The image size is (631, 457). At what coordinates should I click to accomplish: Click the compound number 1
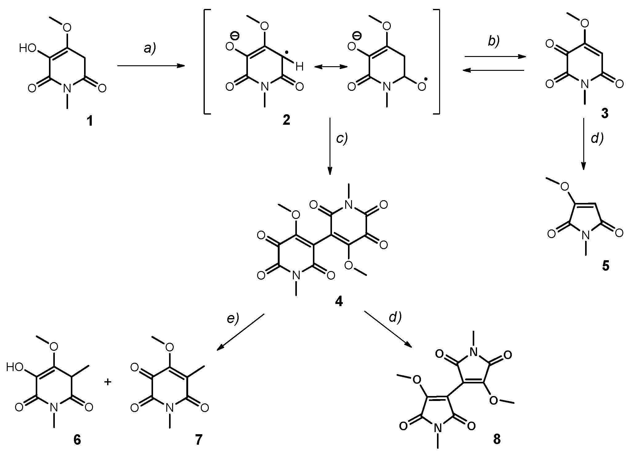point(90,122)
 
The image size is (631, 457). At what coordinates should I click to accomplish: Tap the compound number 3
point(605,114)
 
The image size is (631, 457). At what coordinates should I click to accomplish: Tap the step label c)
point(342,139)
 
